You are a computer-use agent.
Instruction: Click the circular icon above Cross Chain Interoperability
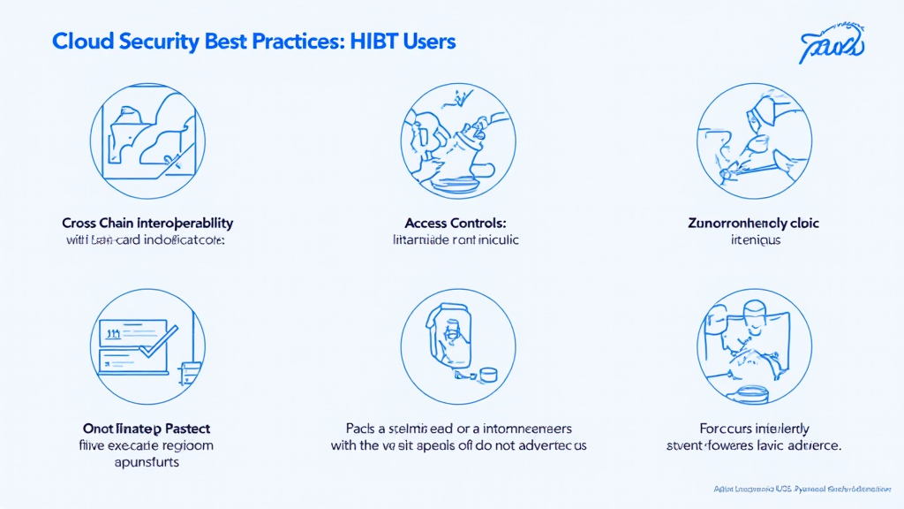148,141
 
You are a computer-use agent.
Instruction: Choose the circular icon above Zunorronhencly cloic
753,141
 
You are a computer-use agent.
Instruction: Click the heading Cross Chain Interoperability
147,224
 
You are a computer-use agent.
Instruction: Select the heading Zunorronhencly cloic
753,224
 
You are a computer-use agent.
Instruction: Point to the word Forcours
707,429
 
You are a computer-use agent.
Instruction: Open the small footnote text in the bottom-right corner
803,488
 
